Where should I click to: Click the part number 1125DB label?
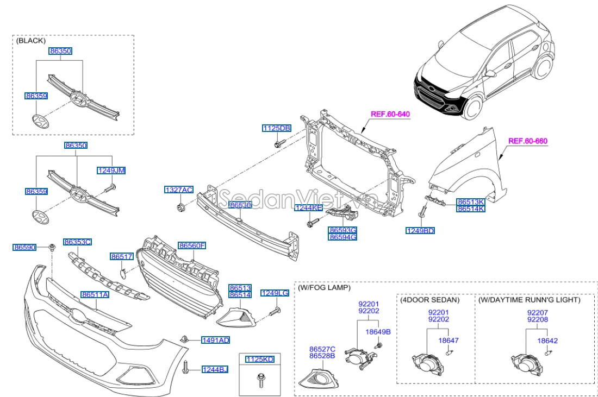tap(276, 128)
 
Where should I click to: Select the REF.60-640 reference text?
tap(390, 114)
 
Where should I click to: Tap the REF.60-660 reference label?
tap(527, 141)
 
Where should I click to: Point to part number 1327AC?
tap(179, 190)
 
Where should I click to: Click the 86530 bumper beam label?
tap(240, 205)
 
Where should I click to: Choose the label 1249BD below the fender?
tap(420, 231)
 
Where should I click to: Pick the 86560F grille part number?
tap(192, 245)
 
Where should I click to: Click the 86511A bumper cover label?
tap(95, 295)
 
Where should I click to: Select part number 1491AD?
tap(216, 340)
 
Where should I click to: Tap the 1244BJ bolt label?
tap(215, 370)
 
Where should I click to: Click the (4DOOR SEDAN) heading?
tap(429, 299)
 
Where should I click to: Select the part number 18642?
tap(547, 341)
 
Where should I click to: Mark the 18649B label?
tap(378, 331)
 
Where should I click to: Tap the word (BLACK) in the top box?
tap(31, 41)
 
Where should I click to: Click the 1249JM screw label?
tap(111, 171)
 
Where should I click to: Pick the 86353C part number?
tap(77, 242)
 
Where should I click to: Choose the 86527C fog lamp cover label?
tap(322, 349)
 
